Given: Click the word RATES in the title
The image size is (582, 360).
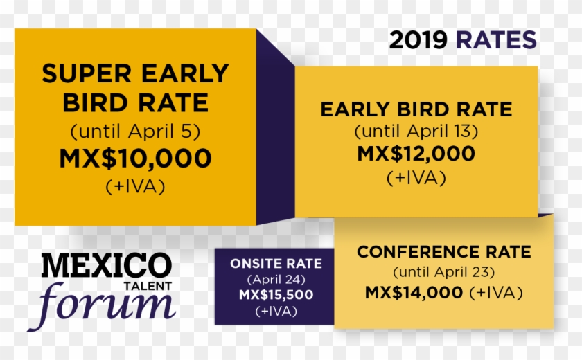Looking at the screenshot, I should pyautogui.click(x=496, y=40).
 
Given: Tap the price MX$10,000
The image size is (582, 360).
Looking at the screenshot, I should pyautogui.click(x=135, y=159).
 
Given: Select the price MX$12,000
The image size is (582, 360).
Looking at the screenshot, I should pyautogui.click(x=416, y=154).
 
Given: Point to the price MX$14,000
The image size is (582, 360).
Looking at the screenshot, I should pyautogui.click(x=414, y=292).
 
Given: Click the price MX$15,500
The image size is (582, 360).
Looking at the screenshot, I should pyautogui.click(x=276, y=295).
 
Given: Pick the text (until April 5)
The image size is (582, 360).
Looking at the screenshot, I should pyautogui.click(x=135, y=131).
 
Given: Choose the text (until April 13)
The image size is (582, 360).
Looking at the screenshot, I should pyautogui.click(x=416, y=131).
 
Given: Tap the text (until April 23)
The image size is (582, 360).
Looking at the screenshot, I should pyautogui.click(x=443, y=271).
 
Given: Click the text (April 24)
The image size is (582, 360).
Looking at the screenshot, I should pyautogui.click(x=276, y=280).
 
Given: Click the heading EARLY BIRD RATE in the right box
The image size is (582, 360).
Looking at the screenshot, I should pyautogui.click(x=416, y=109).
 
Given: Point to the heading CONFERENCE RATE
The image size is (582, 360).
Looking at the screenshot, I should pyautogui.click(x=443, y=252).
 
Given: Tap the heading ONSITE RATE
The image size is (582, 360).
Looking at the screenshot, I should pyautogui.click(x=276, y=264).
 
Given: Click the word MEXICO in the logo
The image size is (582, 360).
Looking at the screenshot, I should pyautogui.click(x=105, y=266).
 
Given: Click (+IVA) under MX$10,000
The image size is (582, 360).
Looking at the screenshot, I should pyautogui.click(x=135, y=186).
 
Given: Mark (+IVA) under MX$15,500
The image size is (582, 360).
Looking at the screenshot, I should pyautogui.click(x=276, y=311).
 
